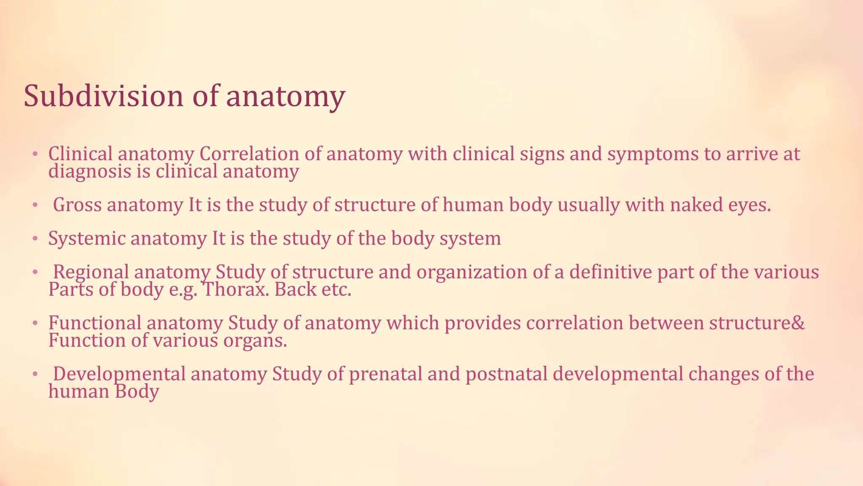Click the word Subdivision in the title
103,96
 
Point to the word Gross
77,205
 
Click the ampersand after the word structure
799,323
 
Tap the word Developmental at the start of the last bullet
119,374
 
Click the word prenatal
386,374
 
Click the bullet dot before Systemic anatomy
35,239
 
